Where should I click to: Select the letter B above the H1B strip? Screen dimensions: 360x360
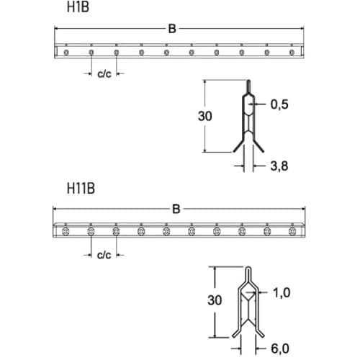coord(171,29)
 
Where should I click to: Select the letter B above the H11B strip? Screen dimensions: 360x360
coord(175,210)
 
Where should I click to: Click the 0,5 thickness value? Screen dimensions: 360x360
coord(279,104)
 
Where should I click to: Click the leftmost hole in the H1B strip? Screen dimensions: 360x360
coord(66,52)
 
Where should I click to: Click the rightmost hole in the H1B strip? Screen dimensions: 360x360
coord(292,52)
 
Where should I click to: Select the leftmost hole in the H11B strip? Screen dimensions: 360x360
coord(66,231)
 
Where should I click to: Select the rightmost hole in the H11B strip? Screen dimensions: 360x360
coord(292,231)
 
